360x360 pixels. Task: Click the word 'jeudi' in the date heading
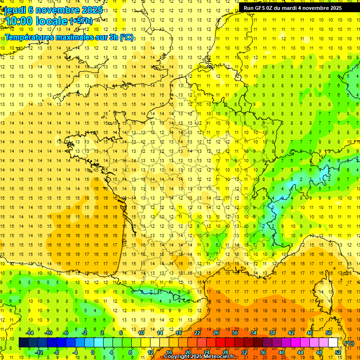[x=15, y=10]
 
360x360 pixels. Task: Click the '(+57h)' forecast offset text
[x=81, y=21]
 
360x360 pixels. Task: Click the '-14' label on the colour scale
[x=29, y=333]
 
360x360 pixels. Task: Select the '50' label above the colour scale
[x=329, y=333]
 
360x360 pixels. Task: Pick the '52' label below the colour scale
[x=338, y=352]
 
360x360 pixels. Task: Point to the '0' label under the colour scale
[x=92, y=352]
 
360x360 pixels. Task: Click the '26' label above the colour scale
[x=216, y=333]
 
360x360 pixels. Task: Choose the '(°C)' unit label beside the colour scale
[x=349, y=343]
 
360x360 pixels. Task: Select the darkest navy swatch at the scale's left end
[x=23, y=343]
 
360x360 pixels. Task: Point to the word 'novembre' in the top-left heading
[x=54, y=10]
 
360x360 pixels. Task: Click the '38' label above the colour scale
[x=272, y=333]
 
